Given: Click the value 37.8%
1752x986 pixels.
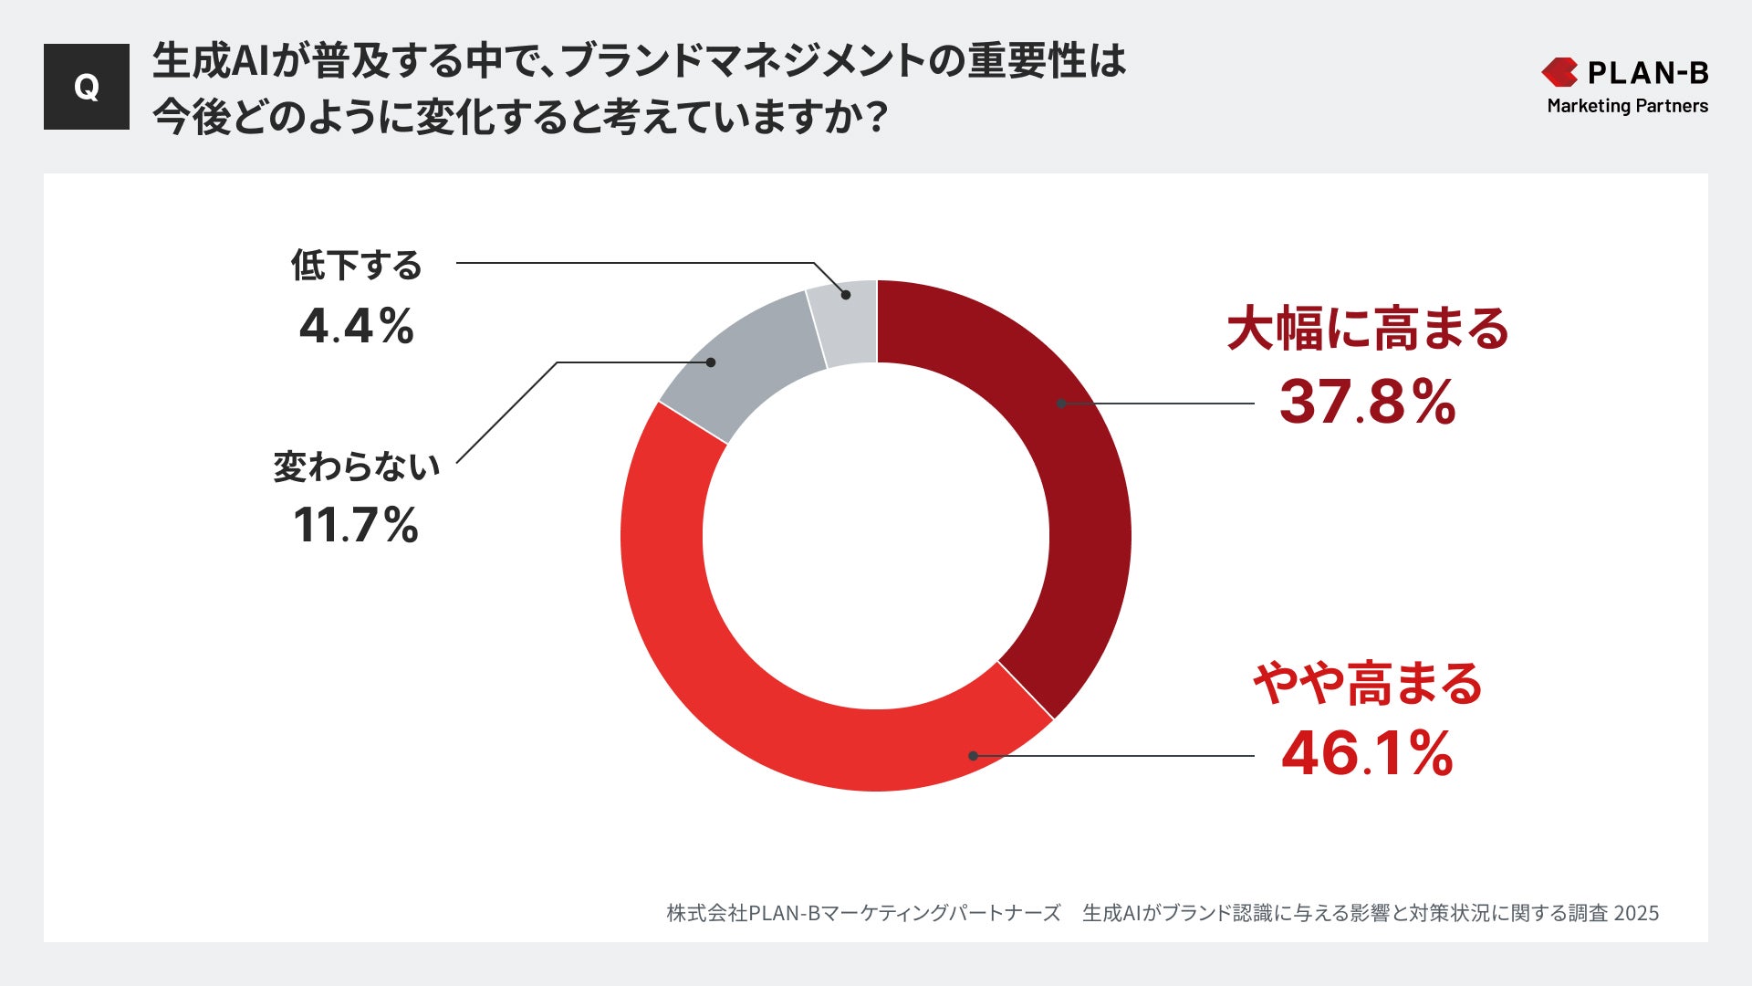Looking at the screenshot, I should [x=1367, y=403].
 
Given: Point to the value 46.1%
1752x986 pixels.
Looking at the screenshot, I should [x=1367, y=755].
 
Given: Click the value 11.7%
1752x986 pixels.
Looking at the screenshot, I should [x=356, y=526].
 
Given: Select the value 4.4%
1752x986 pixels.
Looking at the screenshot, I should [x=357, y=326].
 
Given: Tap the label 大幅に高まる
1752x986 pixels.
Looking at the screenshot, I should [x=1367, y=330].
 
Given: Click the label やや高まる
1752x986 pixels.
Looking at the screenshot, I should [x=1367, y=683].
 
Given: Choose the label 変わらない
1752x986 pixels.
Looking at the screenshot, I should [x=357, y=467].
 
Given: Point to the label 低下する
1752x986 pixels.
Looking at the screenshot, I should [x=357, y=266].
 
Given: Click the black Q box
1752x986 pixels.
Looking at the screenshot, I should [x=87, y=87].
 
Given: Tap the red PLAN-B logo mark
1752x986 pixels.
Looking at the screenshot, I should [x=1559, y=72].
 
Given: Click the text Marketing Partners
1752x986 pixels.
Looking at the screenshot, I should [x=1627, y=106].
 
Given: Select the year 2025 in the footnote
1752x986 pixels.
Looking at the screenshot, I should [x=1636, y=913].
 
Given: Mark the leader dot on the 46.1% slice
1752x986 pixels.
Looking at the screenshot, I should [x=974, y=756].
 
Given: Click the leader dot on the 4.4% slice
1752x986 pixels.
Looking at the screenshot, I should [x=846, y=295].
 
